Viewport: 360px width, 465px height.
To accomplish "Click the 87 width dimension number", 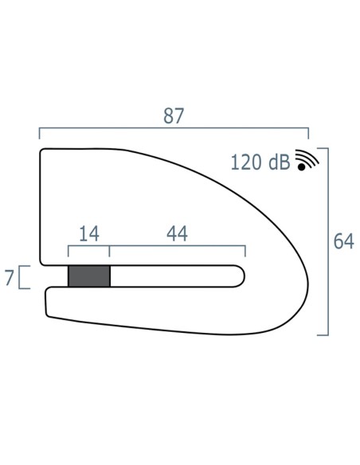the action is pos(174,115).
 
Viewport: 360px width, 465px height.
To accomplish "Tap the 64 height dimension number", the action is pos(343,241).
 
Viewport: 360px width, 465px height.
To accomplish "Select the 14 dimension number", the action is pos(89,233).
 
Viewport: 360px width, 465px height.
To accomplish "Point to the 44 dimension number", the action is pos(177,233).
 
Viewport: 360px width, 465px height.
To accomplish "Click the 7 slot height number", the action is pos(10,278).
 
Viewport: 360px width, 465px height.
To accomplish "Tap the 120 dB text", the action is pos(260,162).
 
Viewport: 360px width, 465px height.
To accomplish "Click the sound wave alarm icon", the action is pos(307,160).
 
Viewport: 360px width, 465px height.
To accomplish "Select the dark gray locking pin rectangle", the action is pos(89,276).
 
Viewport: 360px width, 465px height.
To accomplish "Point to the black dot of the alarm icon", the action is pos(302,167).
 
